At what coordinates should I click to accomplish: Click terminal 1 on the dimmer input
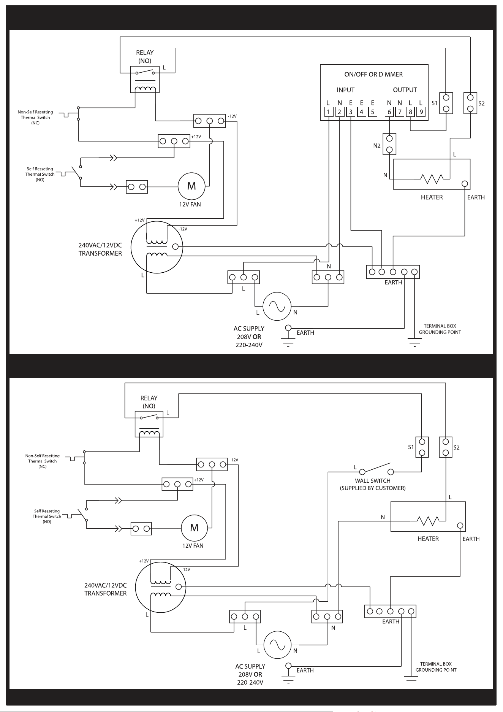[x=329, y=112]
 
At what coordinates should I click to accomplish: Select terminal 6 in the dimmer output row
[x=389, y=112]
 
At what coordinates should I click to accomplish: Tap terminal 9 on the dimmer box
[x=421, y=112]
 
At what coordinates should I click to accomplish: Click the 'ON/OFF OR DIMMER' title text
[x=373, y=75]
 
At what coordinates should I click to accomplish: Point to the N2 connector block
[x=389, y=144]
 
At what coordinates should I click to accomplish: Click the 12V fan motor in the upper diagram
[x=192, y=186]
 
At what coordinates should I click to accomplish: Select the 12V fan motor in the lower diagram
[x=195, y=528]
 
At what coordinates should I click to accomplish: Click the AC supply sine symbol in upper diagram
[x=277, y=307]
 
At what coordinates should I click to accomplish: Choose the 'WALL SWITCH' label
[x=373, y=481]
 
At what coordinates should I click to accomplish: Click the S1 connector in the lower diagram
[x=422, y=447]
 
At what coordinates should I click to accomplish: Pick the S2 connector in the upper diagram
[x=470, y=103]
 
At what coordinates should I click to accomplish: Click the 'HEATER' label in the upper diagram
[x=432, y=197]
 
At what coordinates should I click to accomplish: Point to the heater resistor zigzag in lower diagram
[x=428, y=520]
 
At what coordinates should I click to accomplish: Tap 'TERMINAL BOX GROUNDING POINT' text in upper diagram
[x=440, y=329]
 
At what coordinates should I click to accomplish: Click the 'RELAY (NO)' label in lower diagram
[x=149, y=402]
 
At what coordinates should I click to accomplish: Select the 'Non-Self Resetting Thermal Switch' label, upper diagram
[x=36, y=118]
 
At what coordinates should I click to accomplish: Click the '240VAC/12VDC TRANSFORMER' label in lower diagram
[x=106, y=589]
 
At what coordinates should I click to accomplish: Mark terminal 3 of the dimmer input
[x=351, y=112]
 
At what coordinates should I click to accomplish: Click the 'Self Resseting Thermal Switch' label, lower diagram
[x=47, y=517]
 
